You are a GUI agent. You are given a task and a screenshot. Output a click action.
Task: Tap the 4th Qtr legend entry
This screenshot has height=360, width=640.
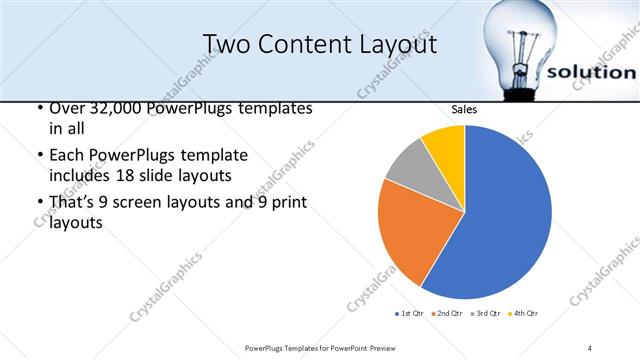tap(524, 314)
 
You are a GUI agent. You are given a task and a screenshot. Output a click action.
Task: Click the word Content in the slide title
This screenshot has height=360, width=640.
tap(311, 44)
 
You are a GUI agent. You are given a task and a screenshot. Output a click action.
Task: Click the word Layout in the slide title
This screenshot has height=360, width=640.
tap(401, 44)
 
